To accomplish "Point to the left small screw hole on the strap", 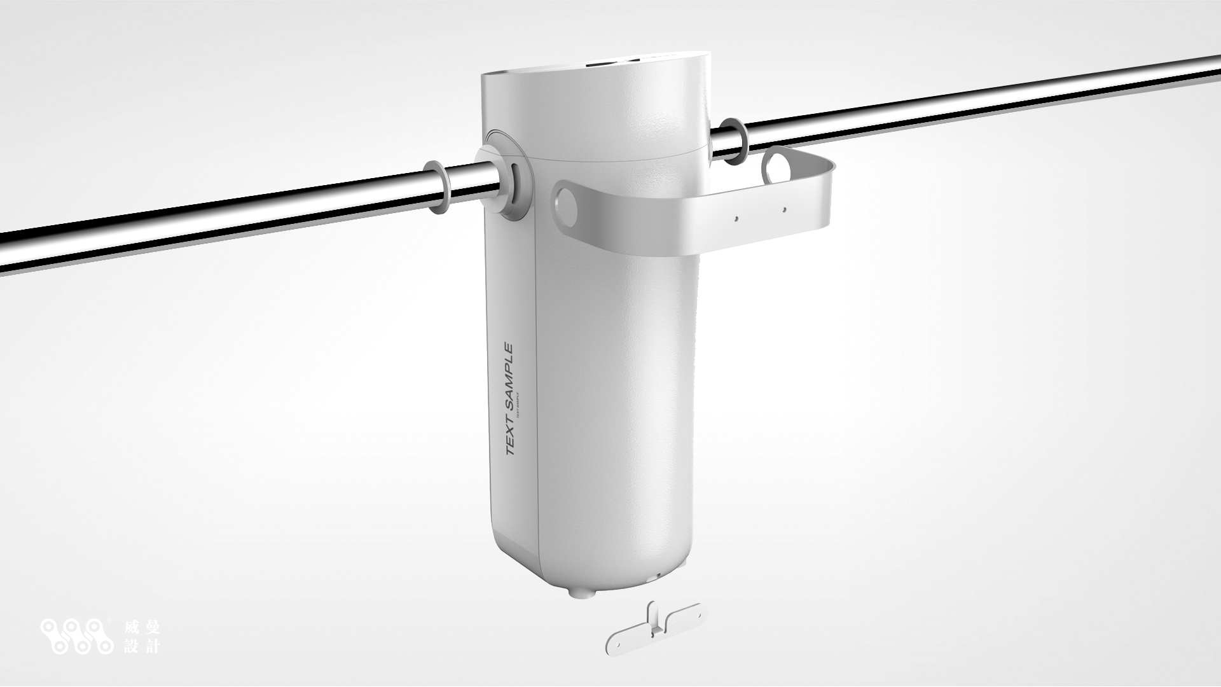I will coord(736,218).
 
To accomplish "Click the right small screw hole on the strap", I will coord(785,209).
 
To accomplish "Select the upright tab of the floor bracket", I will coord(654,621).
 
